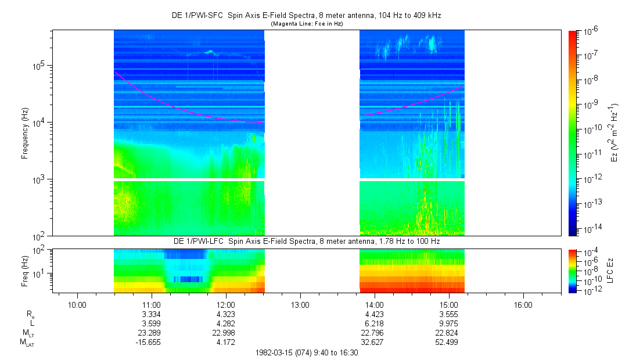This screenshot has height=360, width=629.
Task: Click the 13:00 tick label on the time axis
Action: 300,304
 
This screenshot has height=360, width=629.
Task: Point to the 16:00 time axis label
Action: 523,304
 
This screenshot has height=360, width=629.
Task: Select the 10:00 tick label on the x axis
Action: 77,304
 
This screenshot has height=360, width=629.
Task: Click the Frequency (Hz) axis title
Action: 25,133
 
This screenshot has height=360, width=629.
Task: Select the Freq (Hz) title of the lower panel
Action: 25,269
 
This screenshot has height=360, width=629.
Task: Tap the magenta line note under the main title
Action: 307,24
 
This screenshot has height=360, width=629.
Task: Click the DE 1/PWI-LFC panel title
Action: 307,241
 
